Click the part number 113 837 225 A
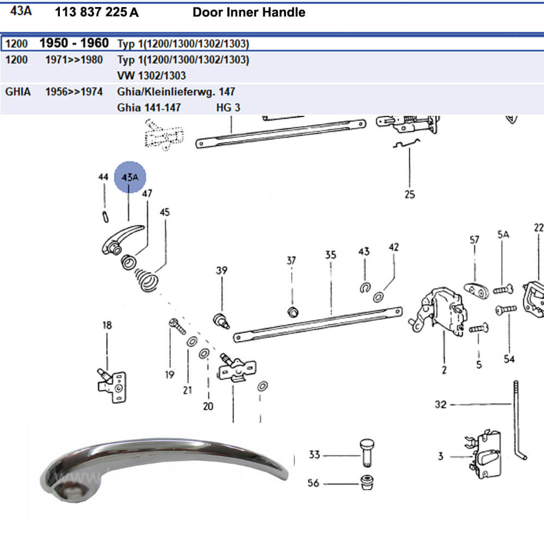point(97,12)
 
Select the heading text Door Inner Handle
point(249,12)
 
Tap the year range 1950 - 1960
point(74,43)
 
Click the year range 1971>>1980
point(74,59)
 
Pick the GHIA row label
point(18,91)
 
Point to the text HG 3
point(228,107)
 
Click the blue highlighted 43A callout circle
point(130,177)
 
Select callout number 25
point(410,194)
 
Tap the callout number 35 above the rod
point(331,255)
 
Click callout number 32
point(441,404)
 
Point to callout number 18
point(107,325)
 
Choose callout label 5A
point(503,234)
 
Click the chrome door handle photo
point(163,465)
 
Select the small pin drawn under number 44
point(104,215)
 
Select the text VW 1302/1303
point(151,76)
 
